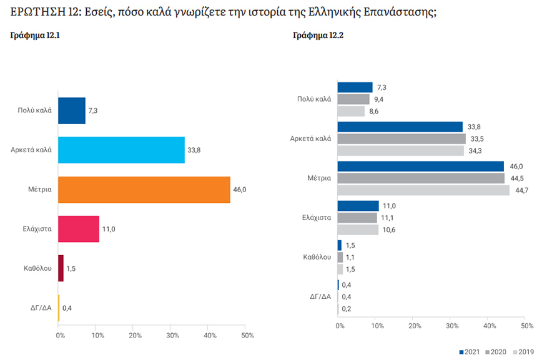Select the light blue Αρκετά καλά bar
121,150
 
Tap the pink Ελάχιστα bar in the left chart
79,229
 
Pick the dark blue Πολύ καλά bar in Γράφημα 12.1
71,110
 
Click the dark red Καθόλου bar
61,268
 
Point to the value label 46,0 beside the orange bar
239,189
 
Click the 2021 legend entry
470,351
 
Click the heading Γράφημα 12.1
36,36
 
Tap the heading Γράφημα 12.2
318,36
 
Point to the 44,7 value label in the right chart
519,190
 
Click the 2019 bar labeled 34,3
400,151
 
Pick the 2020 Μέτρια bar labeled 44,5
421,178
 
